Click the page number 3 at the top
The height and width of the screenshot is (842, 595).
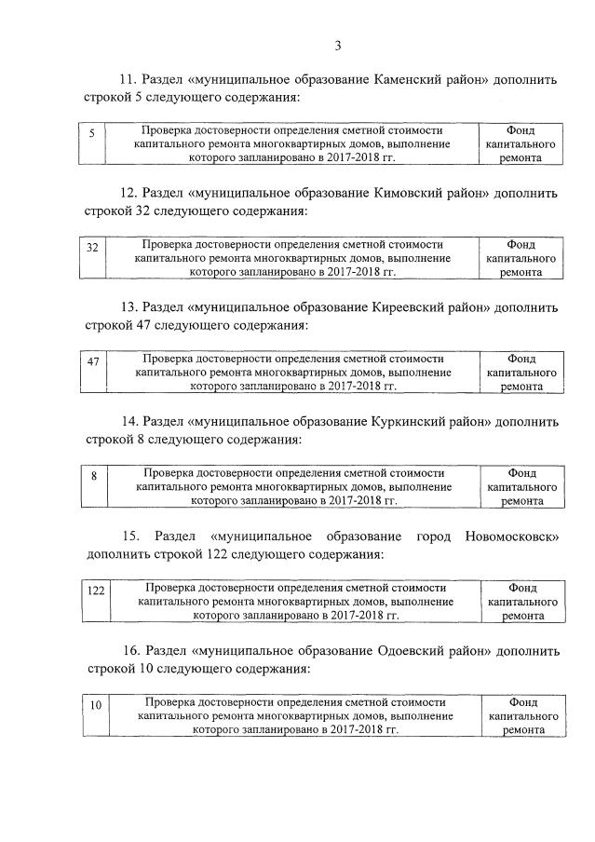pos(339,45)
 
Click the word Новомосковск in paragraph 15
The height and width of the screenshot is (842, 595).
pos(511,537)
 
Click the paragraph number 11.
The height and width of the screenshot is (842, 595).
pos(128,79)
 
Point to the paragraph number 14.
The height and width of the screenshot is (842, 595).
pos(130,421)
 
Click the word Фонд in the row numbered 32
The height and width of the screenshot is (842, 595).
pos(521,244)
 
